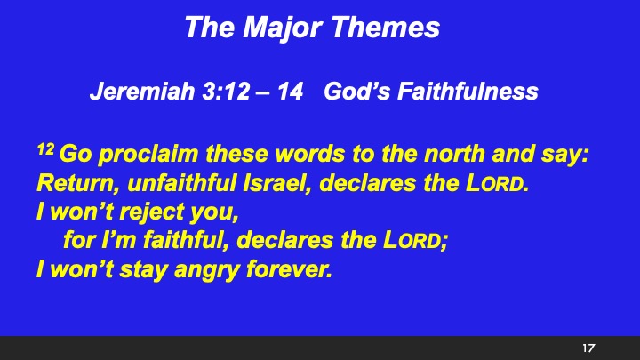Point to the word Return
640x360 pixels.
[x=68, y=185]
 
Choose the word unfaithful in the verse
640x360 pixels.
[x=166, y=185]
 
